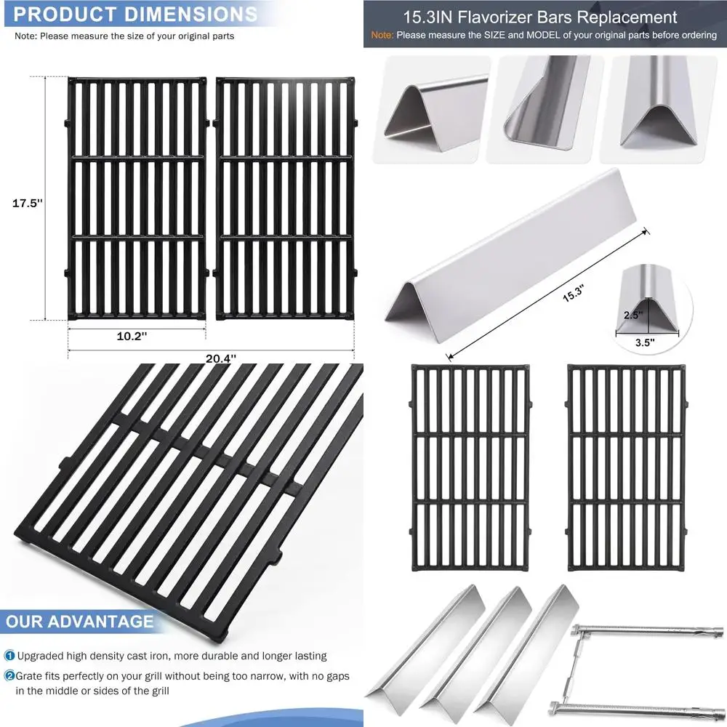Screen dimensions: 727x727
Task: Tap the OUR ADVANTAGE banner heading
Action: pyautogui.click(x=80, y=622)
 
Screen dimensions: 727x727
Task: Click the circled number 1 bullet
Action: pyautogui.click(x=9, y=656)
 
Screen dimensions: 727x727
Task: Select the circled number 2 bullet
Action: pyautogui.click(x=9, y=676)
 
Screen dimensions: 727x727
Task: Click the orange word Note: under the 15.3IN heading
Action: pyautogui.click(x=383, y=35)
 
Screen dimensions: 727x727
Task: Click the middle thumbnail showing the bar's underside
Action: pyautogui.click(x=545, y=109)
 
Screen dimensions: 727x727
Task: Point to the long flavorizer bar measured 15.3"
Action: pyautogui.click(x=509, y=247)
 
